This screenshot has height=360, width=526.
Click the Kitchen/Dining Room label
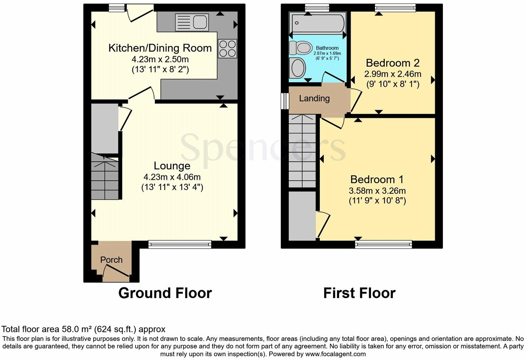tap(160, 48)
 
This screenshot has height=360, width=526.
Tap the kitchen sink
tap(192, 22)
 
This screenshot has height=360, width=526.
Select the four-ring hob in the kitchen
tap(227, 48)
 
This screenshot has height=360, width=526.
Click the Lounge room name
tap(172, 166)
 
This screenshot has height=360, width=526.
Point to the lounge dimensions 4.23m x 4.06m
tap(172, 177)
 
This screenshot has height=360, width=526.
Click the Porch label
tap(111, 260)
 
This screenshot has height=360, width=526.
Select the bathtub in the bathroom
tap(317, 22)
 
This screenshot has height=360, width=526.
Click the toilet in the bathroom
tap(300, 48)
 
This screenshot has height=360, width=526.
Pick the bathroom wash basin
tap(298, 68)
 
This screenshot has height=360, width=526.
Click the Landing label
tap(314, 99)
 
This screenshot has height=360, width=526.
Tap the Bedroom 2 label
tap(392, 63)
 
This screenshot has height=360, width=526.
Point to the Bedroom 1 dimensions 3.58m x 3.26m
tap(377, 191)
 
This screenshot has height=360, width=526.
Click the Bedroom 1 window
tap(383, 244)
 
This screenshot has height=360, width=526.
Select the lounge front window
tap(180, 244)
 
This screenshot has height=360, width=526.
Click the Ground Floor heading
tap(165, 293)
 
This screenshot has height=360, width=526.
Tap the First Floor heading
tap(359, 293)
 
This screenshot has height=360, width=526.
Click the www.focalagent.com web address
tap(335, 354)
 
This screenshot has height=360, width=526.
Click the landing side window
tap(284, 101)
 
